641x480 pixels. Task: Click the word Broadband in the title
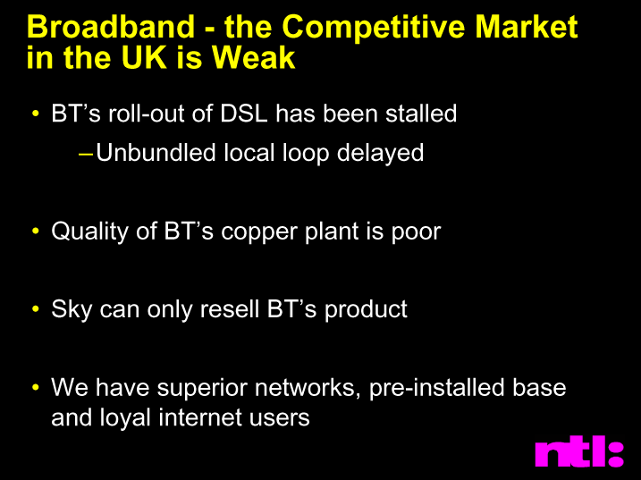pos(110,27)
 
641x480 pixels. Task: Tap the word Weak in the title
pos(254,57)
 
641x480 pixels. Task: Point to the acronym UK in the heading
pos(145,57)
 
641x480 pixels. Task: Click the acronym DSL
pos(244,114)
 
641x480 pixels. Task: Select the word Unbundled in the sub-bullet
pos(156,153)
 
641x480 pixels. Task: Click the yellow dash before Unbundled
pos(86,155)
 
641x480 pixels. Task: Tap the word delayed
pos(380,154)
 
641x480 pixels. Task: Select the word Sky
pos(72,310)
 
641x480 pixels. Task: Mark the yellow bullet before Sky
pos(36,308)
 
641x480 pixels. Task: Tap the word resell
pos(230,308)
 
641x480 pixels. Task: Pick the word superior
pos(202,389)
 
